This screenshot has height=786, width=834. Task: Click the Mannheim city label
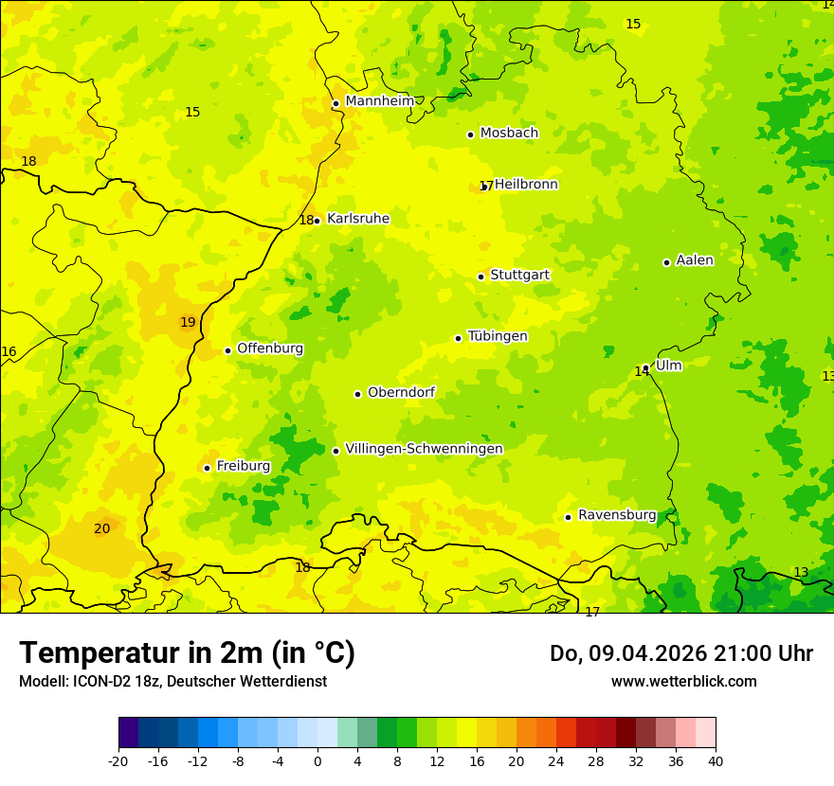pos(379,101)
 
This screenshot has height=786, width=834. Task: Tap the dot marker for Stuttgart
pos(480,277)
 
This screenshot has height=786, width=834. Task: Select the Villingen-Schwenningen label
pos(424,449)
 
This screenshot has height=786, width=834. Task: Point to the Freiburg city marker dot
pos(207,468)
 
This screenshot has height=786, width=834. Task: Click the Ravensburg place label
pos(616,515)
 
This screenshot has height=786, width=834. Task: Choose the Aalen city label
pos(695,260)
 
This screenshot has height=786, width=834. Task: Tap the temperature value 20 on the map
pos(102,528)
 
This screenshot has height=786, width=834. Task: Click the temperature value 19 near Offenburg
pos(188,323)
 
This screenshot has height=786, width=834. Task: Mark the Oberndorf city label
pos(401,392)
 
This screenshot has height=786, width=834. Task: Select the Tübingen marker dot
pos(458,338)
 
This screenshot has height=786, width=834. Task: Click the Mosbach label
pos(509,134)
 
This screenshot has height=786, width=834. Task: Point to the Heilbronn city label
pos(526,185)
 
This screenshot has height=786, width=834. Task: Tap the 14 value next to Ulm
pos(642,372)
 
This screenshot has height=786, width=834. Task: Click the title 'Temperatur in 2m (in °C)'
pos(187,652)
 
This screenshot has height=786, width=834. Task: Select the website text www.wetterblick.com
pos(683,681)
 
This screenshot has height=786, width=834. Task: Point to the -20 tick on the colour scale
pos(118,760)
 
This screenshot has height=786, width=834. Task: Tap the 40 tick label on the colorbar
pos(716,760)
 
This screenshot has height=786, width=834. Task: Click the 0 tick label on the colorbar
pos(317,760)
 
